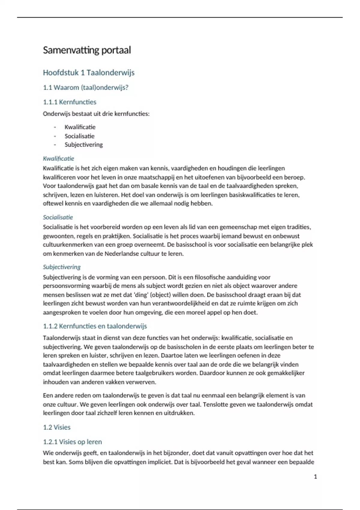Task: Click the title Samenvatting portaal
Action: coord(87,50)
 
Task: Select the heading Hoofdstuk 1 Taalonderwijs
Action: coord(88,73)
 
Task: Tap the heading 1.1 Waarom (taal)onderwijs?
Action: coord(85,88)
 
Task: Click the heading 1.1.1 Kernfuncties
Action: coord(70,102)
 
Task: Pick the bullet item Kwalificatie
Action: coord(80,127)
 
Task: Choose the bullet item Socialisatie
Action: coord(79,136)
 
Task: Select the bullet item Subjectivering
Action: coord(84,145)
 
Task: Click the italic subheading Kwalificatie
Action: coord(58,158)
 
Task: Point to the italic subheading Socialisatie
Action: coord(58,217)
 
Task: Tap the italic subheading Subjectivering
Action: coord(62,267)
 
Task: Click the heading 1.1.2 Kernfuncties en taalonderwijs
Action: coord(95,326)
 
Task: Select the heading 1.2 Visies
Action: coord(57,427)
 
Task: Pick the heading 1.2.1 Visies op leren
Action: coord(72,442)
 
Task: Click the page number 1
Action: coord(315,476)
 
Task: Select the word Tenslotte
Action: coord(216,404)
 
